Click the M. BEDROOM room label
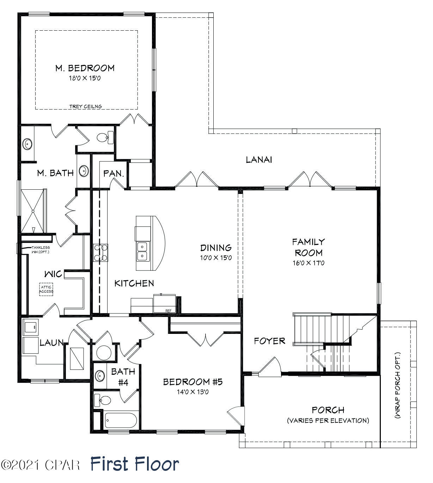[85, 68]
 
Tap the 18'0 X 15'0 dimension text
[85, 78]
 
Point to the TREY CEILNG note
[86, 106]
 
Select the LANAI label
[259, 160]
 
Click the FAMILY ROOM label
[309, 247]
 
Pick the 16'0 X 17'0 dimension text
[309, 263]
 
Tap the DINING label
[216, 247]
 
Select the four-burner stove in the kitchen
[100, 253]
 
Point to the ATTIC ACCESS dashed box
[46, 289]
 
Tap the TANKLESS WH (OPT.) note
[40, 250]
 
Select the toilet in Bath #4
[103, 400]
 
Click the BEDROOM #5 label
[193, 382]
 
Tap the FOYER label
[269, 341]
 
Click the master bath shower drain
[33, 211]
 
